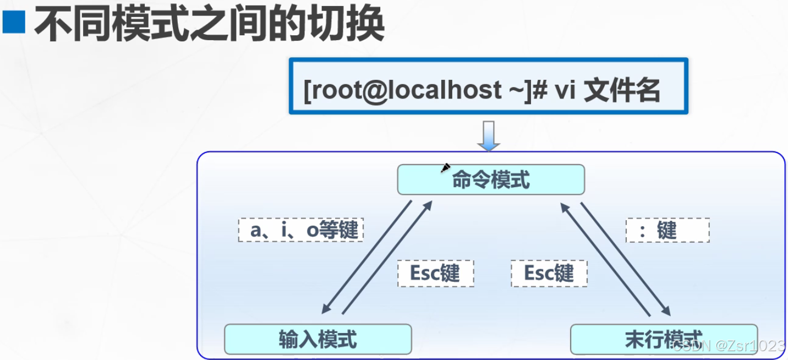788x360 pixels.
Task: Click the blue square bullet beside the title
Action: [x=14, y=23]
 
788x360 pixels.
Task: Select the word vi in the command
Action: [x=564, y=90]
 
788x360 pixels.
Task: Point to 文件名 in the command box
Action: [x=622, y=90]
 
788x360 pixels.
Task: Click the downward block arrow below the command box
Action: [x=488, y=135]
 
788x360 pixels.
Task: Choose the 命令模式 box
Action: [x=490, y=179]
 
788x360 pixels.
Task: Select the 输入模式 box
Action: [x=318, y=339]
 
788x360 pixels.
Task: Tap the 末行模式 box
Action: [x=663, y=339]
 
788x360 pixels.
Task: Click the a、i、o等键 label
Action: [x=302, y=230]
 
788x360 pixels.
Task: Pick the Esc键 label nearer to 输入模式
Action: [x=435, y=273]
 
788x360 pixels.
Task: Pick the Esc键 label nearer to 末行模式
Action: [x=549, y=273]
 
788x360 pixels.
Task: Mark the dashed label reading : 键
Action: [x=667, y=230]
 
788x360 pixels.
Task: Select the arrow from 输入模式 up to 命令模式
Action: [x=387, y=258]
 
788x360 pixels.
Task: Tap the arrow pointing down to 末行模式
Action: [x=626, y=259]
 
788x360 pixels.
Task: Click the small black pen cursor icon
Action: [x=446, y=167]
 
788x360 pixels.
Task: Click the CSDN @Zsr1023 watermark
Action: [x=729, y=346]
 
